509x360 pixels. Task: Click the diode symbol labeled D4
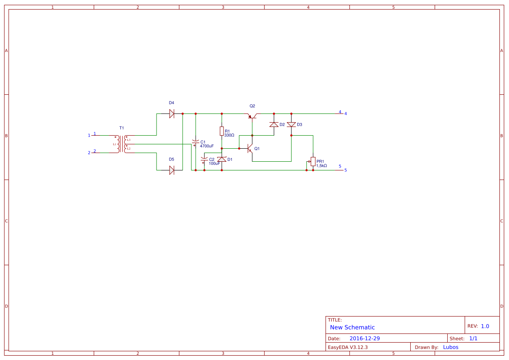click(x=172, y=113)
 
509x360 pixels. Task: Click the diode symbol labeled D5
click(x=172, y=170)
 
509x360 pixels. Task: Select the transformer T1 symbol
click(x=122, y=144)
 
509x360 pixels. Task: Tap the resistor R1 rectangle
click(x=222, y=131)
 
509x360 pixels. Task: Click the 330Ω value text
click(x=229, y=136)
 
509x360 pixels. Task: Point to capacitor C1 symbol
click(x=195, y=143)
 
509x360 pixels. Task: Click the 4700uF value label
click(x=207, y=146)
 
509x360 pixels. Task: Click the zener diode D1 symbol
click(x=222, y=160)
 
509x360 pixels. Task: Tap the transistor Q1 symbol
click(x=250, y=149)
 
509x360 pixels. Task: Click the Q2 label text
click(x=253, y=106)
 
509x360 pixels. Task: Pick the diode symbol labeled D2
click(x=274, y=124)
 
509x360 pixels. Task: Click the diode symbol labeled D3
click(x=291, y=124)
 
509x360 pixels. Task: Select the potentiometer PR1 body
click(x=313, y=161)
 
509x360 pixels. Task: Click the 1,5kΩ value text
click(x=322, y=166)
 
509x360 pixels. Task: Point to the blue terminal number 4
click(x=346, y=114)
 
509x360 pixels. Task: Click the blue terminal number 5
click(x=346, y=170)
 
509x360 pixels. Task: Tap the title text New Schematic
click(x=352, y=327)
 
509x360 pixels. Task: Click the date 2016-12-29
click(x=365, y=338)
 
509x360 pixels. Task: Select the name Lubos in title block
click(x=451, y=347)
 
